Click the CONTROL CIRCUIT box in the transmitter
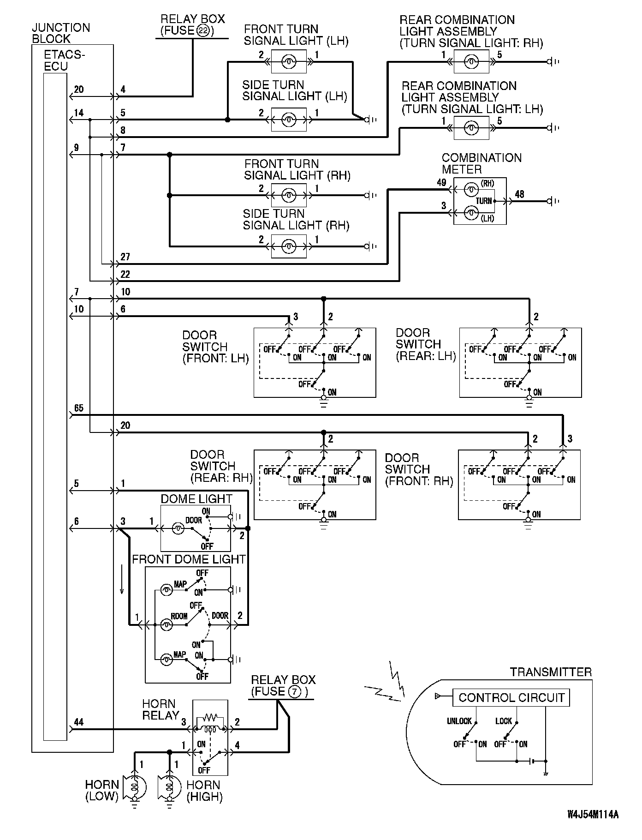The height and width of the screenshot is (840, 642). point(511,697)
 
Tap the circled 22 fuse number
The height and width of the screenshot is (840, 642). point(202,31)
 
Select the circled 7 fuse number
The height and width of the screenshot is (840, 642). point(296,691)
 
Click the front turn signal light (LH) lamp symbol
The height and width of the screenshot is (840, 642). point(289,61)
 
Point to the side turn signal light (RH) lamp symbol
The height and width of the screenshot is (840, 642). point(289,246)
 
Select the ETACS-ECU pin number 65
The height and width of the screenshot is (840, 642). point(78,408)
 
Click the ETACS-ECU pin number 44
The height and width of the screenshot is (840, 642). point(78,722)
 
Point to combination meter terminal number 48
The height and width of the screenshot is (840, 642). point(519,194)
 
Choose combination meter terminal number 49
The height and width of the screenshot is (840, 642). point(441,183)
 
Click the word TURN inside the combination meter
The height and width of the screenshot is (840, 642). point(484,201)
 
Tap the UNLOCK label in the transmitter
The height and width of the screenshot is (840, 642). point(459,721)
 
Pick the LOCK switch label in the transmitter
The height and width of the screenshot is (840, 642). point(503,721)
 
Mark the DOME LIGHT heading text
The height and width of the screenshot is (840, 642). point(196,499)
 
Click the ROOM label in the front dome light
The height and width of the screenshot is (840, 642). point(179,616)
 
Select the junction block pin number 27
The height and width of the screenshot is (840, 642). point(125,257)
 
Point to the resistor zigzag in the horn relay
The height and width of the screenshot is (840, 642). point(210,718)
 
